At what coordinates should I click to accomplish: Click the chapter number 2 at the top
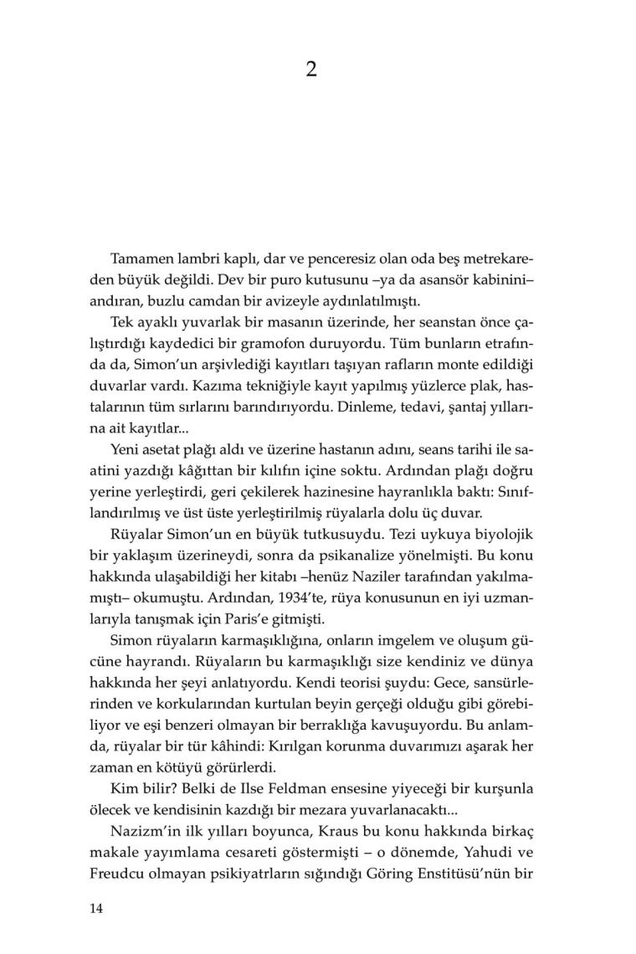tap(310, 70)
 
